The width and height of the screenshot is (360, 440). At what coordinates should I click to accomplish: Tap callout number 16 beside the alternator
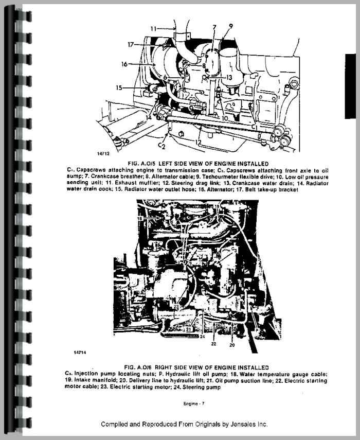pyautogui.click(x=124, y=64)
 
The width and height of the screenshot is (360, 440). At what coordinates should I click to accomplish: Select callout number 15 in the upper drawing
pyautogui.click(x=119, y=88)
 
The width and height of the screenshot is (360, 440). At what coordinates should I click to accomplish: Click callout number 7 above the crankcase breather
pyautogui.click(x=214, y=26)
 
